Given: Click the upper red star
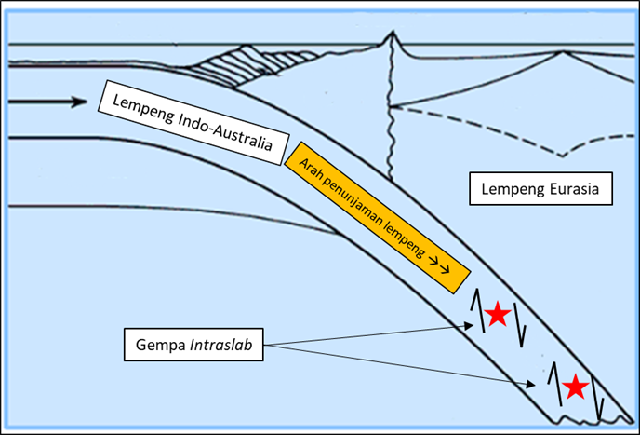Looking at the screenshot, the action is pyautogui.click(x=498, y=314).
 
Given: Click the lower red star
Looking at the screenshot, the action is pyautogui.click(x=576, y=387).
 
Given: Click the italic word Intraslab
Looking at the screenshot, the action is pyautogui.click(x=220, y=345).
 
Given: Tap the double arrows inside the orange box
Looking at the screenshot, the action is pyautogui.click(x=438, y=265).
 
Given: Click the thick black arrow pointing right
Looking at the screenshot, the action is pyautogui.click(x=47, y=102).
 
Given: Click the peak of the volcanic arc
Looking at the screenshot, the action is pyautogui.click(x=393, y=32).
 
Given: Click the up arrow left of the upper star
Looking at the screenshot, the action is pyautogui.click(x=477, y=311).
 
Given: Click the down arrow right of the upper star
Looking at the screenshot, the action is pyautogui.click(x=519, y=325).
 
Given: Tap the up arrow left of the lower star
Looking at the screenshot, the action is pyautogui.click(x=555, y=384).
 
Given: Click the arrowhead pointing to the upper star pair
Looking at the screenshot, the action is pyautogui.click(x=469, y=325).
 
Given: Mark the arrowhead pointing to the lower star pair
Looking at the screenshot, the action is pyautogui.click(x=530, y=385).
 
